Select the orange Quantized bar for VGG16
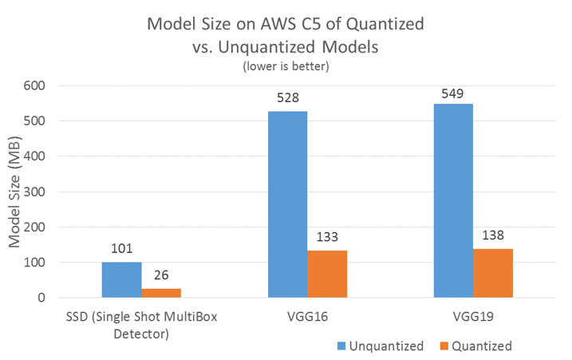click(327, 274)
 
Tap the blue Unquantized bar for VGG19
click(453, 200)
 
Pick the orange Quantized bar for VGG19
click(493, 273)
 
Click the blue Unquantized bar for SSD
click(121, 279)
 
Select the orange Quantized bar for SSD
click(161, 293)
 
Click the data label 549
click(453, 92)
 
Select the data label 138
click(493, 236)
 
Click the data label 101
click(121, 250)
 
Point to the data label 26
click(161, 276)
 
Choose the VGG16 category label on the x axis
click(307, 316)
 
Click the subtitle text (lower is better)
click(286, 66)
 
